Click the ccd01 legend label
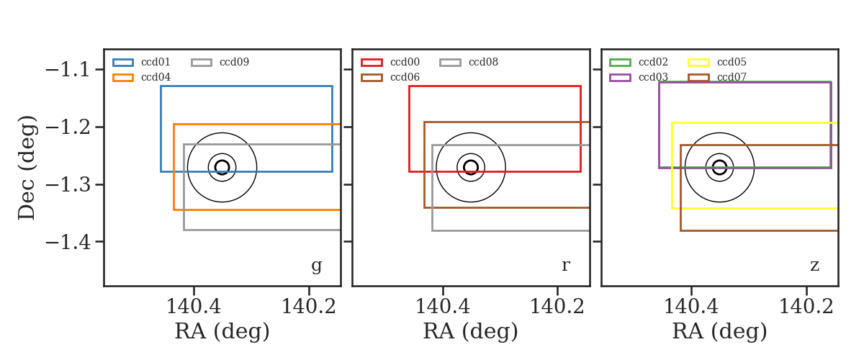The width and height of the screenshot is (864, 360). click(x=156, y=62)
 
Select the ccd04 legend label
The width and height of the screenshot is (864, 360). click(x=156, y=77)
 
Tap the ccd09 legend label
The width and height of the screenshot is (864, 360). click(x=234, y=62)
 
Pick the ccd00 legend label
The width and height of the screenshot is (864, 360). click(x=405, y=62)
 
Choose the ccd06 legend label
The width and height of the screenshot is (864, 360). click(x=405, y=77)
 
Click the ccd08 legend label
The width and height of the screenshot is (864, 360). click(x=483, y=62)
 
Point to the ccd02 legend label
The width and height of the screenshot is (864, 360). click(x=653, y=62)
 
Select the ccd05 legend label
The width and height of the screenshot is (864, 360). click(x=732, y=62)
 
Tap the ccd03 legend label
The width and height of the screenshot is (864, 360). click(x=653, y=77)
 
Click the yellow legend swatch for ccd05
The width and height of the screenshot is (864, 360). click(x=698, y=63)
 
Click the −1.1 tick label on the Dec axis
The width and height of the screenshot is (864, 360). click(x=68, y=71)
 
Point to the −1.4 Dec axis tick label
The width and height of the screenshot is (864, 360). click(x=68, y=243)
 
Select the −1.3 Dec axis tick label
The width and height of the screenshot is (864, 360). click(x=68, y=185)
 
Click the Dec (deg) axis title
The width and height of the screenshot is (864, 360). click(x=27, y=168)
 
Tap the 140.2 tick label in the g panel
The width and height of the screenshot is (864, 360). click(x=309, y=307)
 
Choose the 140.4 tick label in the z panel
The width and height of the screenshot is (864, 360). click(x=691, y=307)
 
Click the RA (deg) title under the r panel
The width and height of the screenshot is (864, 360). click(x=471, y=331)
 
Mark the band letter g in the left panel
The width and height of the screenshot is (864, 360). click(x=316, y=266)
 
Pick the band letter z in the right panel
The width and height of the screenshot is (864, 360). click(x=814, y=266)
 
